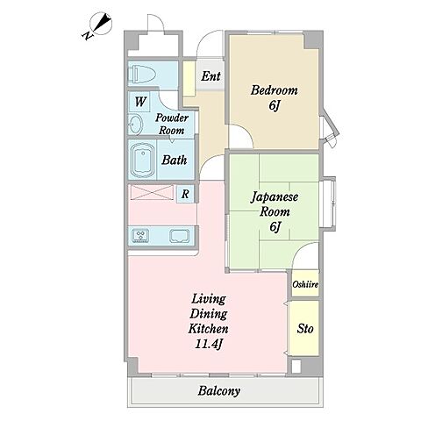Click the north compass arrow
102,24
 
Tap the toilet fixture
143,74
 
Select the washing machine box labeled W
139,102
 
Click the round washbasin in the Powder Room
135,125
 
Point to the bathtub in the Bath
143,160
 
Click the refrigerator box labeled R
185,194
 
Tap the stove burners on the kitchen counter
140,236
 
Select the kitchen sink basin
179,236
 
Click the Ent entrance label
210,76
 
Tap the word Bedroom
274,90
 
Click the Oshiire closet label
305,284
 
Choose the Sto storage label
305,329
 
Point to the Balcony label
219,391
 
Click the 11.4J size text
209,345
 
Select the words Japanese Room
275,204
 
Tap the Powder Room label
172,124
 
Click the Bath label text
175,160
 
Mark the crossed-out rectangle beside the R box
152,193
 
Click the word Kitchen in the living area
208,329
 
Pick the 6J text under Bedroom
275,105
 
